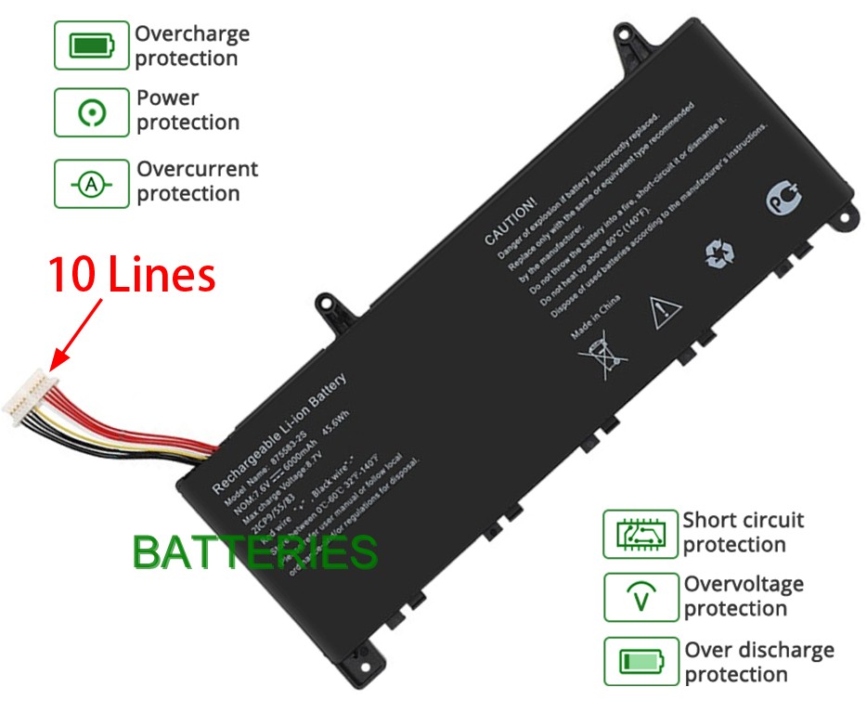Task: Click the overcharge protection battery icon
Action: [x=91, y=45]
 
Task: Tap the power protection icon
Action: [x=91, y=112]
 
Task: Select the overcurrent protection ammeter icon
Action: [x=91, y=184]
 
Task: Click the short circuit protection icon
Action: [x=641, y=534]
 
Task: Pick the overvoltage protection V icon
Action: [x=641, y=597]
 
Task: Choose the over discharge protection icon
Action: [x=641, y=661]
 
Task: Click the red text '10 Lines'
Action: [x=132, y=275]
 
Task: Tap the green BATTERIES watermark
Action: [x=255, y=552]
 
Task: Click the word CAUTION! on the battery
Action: [x=511, y=221]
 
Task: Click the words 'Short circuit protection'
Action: [x=743, y=532]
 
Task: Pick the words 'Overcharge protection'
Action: [x=192, y=45]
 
